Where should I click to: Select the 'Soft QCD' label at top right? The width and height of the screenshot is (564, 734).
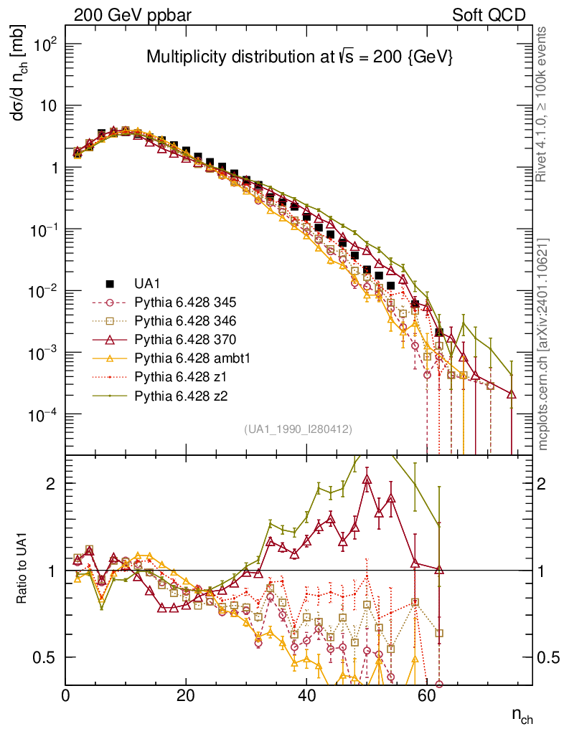489,15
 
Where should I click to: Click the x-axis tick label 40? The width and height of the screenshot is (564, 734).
306,696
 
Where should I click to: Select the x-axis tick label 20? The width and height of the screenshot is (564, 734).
186,696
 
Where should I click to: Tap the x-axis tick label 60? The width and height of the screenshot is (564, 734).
427,696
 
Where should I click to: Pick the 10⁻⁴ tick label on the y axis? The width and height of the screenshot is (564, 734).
42,414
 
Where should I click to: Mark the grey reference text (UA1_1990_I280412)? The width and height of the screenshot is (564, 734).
299,429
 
